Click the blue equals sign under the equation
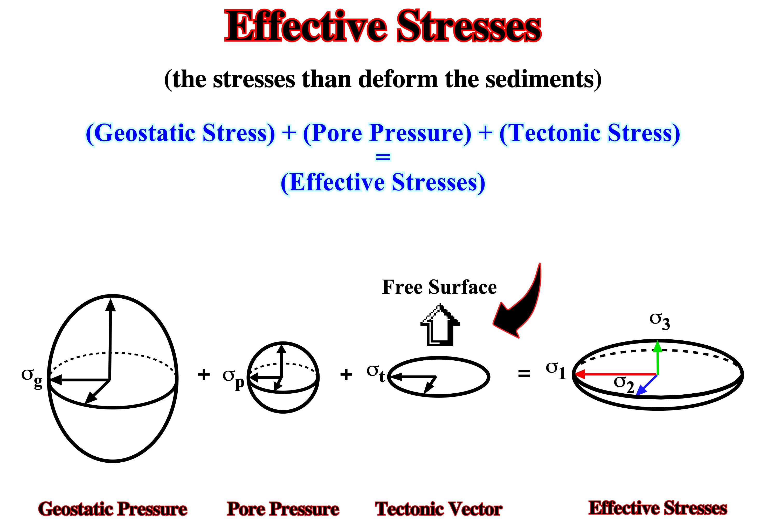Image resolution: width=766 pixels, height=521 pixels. pyautogui.click(x=383, y=157)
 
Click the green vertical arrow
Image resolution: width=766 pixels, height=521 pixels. pyautogui.click(x=658, y=358)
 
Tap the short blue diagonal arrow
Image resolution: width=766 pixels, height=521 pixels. pyautogui.click(x=647, y=385)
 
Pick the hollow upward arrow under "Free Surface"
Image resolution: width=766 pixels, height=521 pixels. pyautogui.click(x=440, y=325)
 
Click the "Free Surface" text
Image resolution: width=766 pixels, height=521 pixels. pyautogui.click(x=439, y=287)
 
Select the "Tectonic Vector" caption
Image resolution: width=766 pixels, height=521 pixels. pyautogui.click(x=438, y=509)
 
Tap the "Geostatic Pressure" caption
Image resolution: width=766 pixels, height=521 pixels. pyautogui.click(x=113, y=509)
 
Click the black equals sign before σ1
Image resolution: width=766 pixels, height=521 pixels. pyautogui.click(x=524, y=374)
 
